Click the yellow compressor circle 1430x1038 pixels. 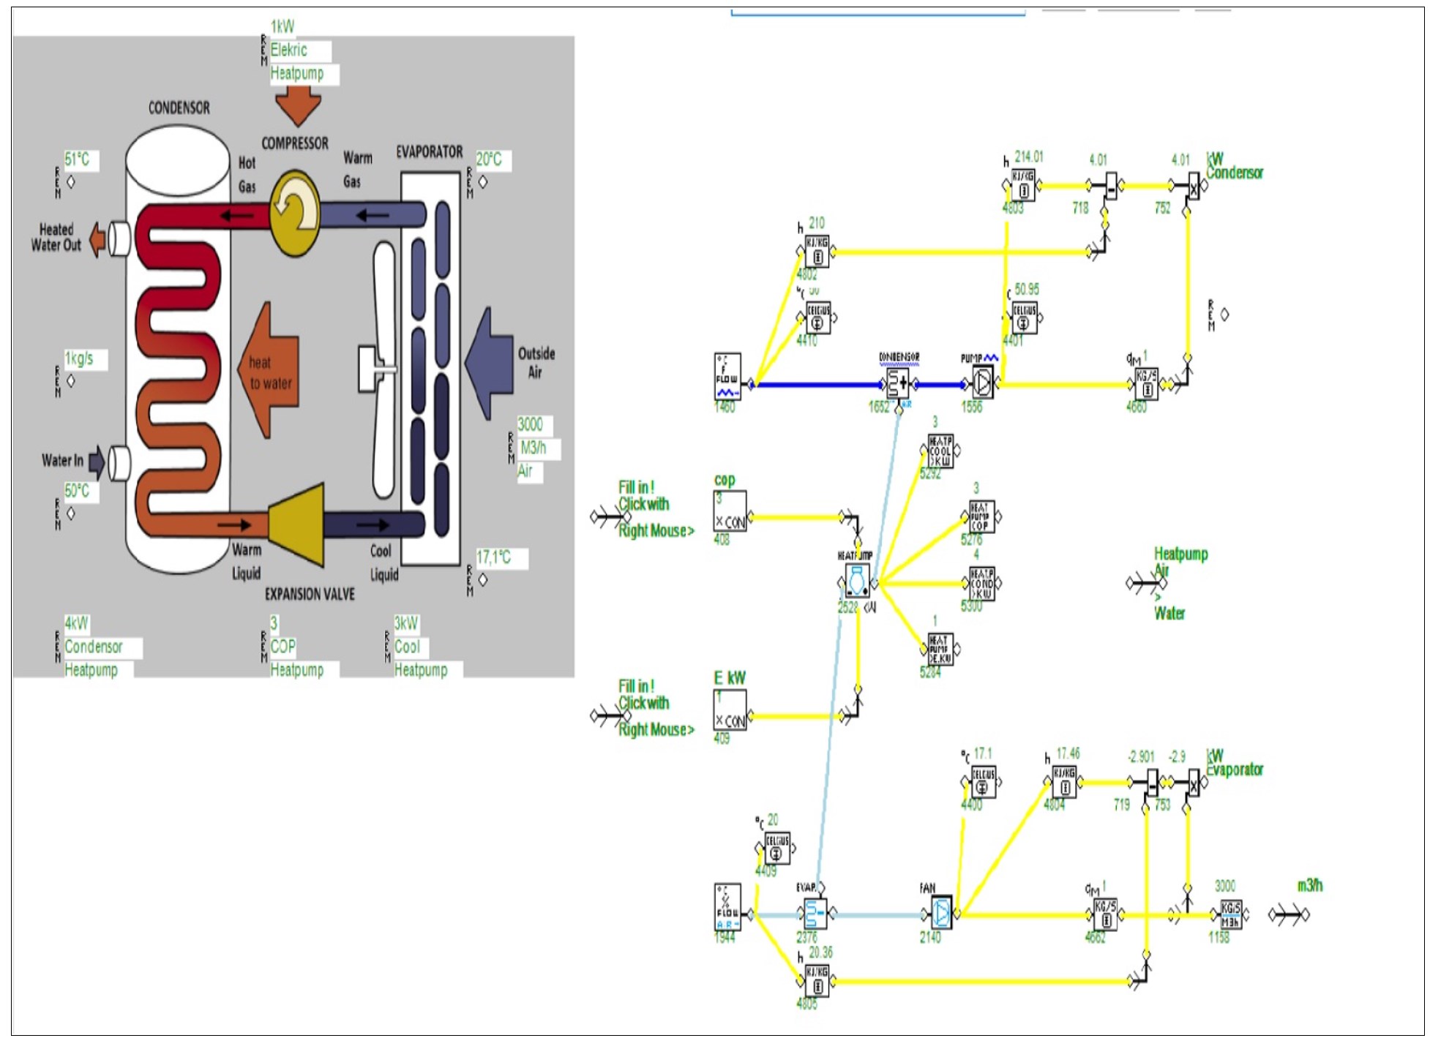pyautogui.click(x=295, y=212)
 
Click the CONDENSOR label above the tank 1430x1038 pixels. pyautogui.click(x=179, y=108)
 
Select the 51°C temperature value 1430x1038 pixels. pyautogui.click(x=78, y=159)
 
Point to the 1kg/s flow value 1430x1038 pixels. pyautogui.click(x=80, y=358)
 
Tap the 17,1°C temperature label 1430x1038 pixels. pyautogui.click(x=494, y=558)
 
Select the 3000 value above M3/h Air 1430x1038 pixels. pyautogui.click(x=531, y=424)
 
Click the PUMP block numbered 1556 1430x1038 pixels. pyautogui.click(x=982, y=383)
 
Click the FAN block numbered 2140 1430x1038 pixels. pyautogui.click(x=941, y=913)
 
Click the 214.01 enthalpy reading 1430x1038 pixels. pyautogui.click(x=1028, y=157)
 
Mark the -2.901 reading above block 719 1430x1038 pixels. pyautogui.click(x=1141, y=756)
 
